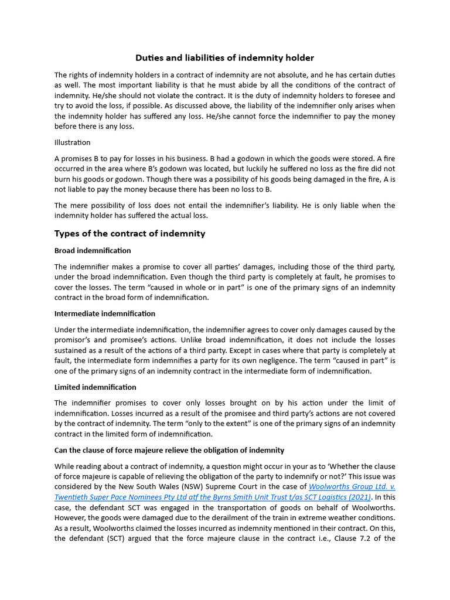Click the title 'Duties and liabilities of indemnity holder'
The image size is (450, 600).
click(225, 57)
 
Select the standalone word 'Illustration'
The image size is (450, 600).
click(73, 142)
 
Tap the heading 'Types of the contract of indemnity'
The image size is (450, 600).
click(129, 233)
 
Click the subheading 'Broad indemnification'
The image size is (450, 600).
click(93, 251)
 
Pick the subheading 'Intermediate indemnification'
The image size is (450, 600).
click(105, 313)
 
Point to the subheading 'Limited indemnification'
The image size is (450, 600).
click(95, 387)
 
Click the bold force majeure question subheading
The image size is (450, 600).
click(169, 450)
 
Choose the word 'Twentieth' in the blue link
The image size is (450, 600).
click(73, 497)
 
